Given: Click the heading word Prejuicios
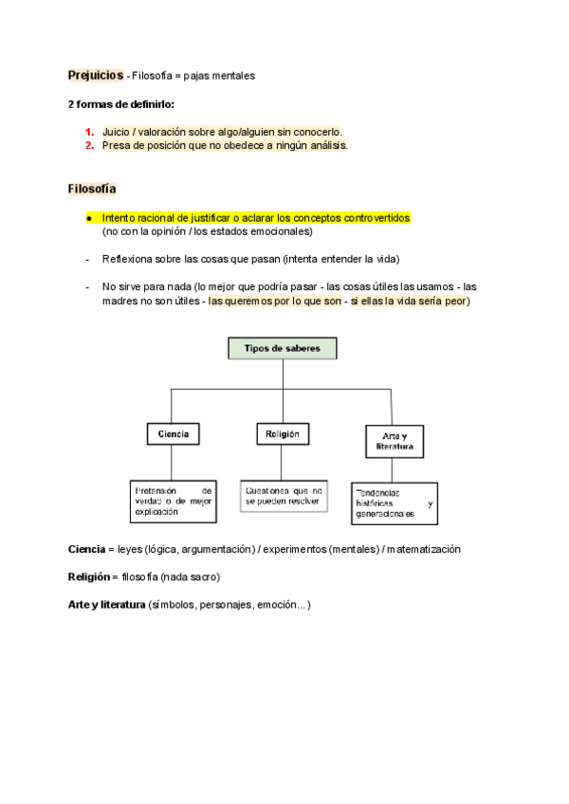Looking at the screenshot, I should pos(95,75).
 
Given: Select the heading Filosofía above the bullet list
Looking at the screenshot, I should pos(91,189).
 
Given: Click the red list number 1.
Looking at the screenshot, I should pos(88,132).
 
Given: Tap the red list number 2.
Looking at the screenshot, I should pos(88,146).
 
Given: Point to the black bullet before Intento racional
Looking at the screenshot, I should pos(88,217).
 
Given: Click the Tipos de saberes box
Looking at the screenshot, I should pos(283,349).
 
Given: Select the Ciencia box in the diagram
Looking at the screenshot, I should pos(173,434).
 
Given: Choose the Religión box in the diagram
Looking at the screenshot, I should pos(283,434).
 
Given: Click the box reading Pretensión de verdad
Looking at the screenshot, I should pos(173,501).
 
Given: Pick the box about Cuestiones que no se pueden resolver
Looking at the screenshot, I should pos(284,495).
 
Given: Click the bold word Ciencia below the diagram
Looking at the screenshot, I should pos(85,549).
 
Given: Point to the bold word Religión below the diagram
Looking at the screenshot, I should pos(88,576).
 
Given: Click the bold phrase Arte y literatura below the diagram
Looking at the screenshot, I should pos(106,604).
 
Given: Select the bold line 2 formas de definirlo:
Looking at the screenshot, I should pos(120,103).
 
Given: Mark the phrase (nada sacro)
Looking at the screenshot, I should pos(191,576).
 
